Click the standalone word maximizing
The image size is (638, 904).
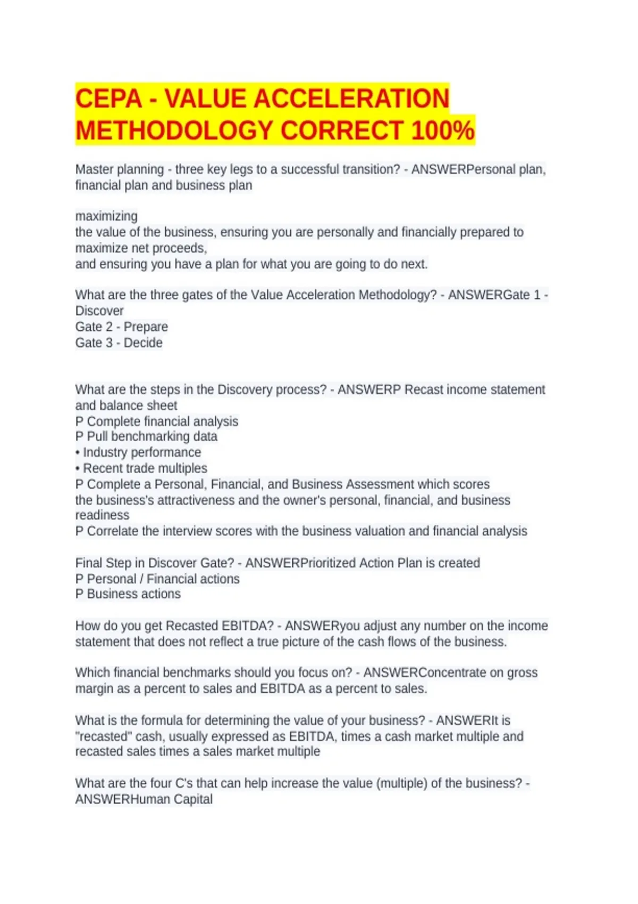[106, 216]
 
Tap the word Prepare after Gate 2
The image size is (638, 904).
[146, 327]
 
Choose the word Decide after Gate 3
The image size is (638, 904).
[143, 342]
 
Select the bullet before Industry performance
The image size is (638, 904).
[78, 453]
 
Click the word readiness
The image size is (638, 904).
[102, 515]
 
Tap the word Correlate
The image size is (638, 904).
[112, 531]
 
